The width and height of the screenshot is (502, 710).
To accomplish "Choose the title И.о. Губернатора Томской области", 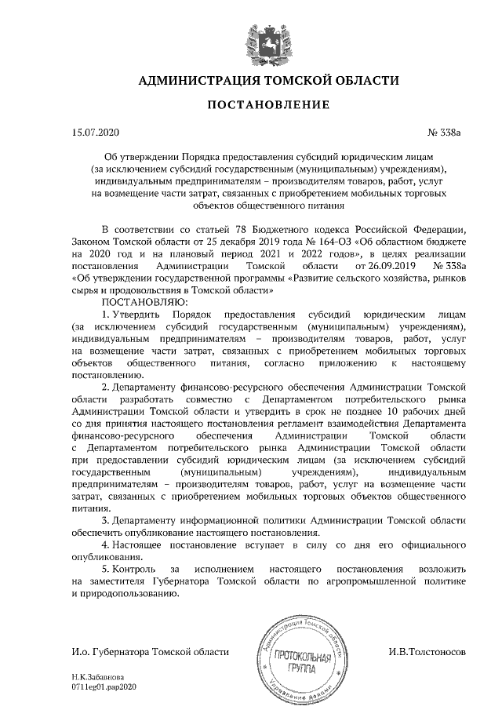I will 150,651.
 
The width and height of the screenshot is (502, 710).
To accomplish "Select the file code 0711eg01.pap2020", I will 104,686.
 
